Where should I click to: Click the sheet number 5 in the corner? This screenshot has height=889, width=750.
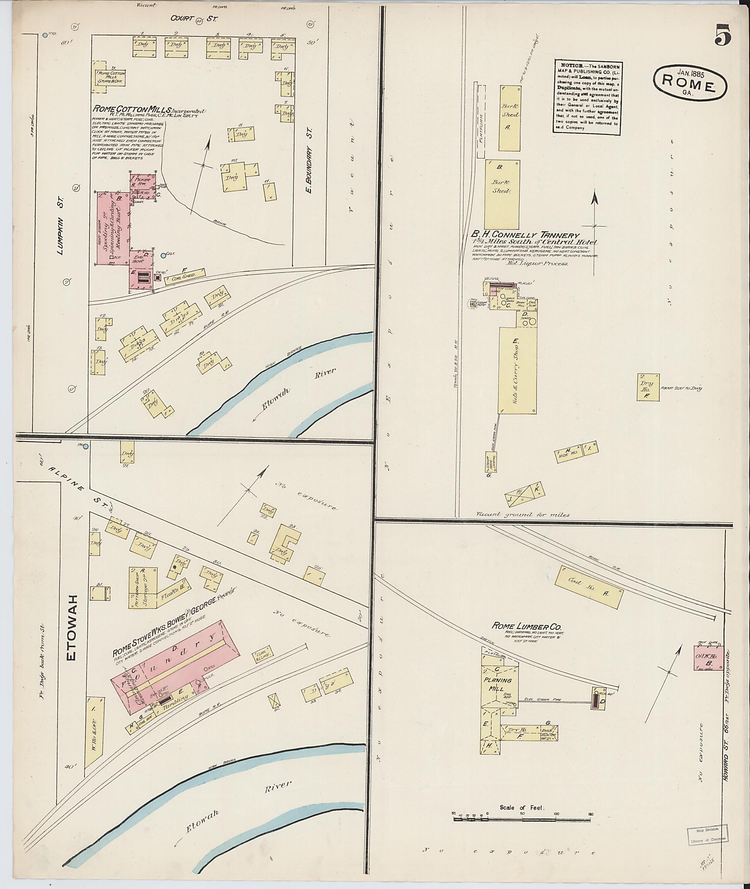(x=723, y=35)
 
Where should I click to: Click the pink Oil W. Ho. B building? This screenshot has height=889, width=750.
(x=708, y=670)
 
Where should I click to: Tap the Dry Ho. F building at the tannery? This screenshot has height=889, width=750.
(x=647, y=387)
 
